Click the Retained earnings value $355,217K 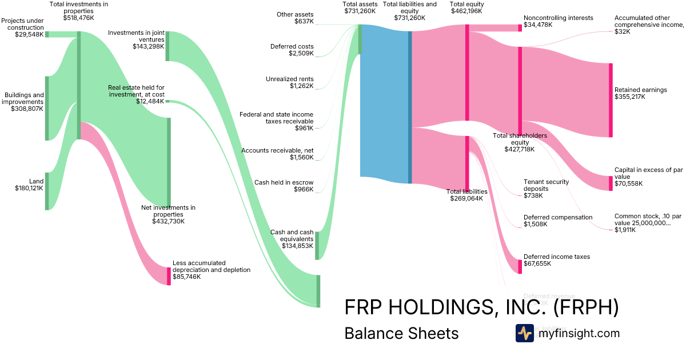630,97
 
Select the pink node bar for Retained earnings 611,100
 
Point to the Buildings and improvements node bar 47,108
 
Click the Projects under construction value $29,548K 29,34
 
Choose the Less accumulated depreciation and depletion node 169,276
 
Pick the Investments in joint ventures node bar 167,46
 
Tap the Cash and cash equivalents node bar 317,246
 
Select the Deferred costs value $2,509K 301,54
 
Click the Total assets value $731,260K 360,11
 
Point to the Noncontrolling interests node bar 520,27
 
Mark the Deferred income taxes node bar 520,266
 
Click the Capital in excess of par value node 611,183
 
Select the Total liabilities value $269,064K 466,199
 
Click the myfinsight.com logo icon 524,333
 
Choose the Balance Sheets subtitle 401,333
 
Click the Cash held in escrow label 284,182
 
